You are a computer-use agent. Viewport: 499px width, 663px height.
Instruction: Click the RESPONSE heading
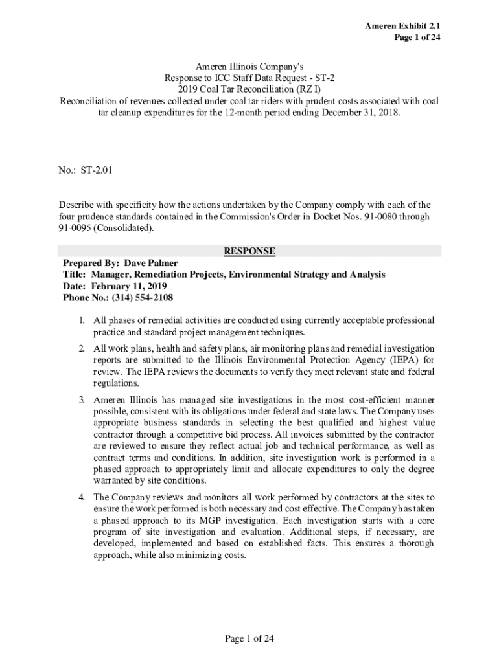click(250, 251)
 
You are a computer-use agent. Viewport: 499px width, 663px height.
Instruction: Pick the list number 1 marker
click(82, 320)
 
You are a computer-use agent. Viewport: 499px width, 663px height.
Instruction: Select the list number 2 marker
click(82, 348)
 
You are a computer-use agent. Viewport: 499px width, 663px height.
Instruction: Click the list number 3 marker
click(82, 400)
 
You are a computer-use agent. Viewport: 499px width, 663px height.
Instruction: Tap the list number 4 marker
click(82, 498)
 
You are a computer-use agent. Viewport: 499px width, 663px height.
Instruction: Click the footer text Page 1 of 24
click(250, 639)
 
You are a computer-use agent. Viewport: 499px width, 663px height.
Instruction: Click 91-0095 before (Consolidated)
click(74, 228)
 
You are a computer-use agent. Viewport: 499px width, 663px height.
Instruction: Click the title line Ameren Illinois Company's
click(250, 67)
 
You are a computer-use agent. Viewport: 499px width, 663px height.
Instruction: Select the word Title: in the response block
click(76, 275)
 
